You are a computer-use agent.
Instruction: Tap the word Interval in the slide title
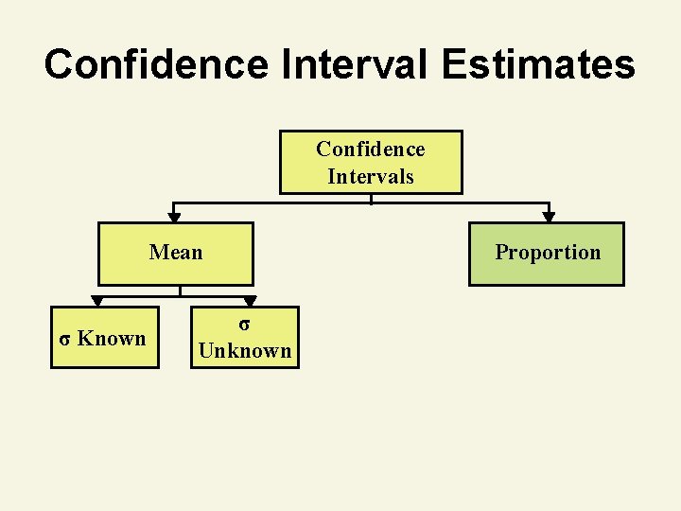point(356,65)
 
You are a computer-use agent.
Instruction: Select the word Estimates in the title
point(547,65)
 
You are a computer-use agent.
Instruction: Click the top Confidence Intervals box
point(371,162)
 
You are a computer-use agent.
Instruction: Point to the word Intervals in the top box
point(371,176)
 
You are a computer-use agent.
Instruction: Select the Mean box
point(176,254)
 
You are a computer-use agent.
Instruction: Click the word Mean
point(176,252)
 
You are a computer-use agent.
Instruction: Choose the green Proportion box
point(547,254)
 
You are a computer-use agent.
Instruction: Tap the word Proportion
point(548,252)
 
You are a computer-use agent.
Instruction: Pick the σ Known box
point(105,338)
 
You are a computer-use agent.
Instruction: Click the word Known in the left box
point(112,338)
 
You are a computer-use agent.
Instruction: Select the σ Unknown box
point(244,338)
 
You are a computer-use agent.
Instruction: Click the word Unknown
point(244,350)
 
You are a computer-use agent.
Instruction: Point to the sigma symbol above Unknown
point(244,324)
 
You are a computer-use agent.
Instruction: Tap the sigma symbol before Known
point(64,339)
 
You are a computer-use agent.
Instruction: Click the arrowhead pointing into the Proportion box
point(549,217)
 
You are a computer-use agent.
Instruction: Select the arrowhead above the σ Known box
point(96,301)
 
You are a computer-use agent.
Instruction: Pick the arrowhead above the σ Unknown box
point(250,301)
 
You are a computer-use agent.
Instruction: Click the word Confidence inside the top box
point(371,149)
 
